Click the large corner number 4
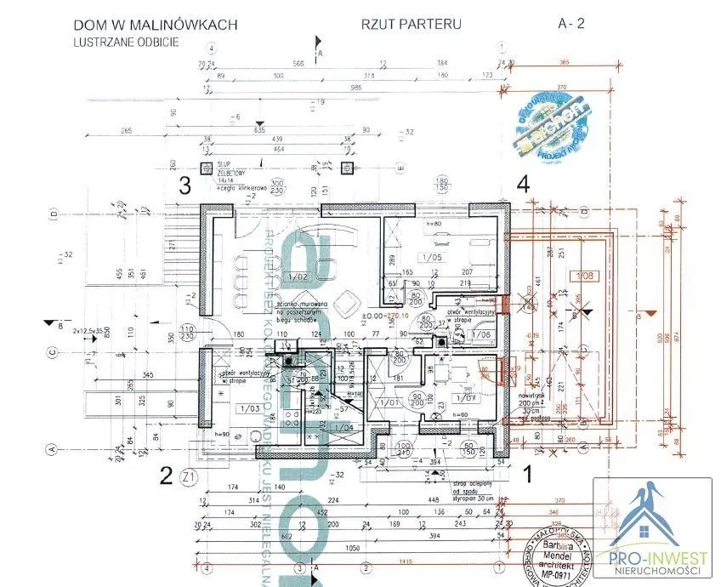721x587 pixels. point(524,183)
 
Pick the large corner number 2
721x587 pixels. point(167,474)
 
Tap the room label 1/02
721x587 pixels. point(298,276)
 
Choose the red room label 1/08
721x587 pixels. point(582,276)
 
